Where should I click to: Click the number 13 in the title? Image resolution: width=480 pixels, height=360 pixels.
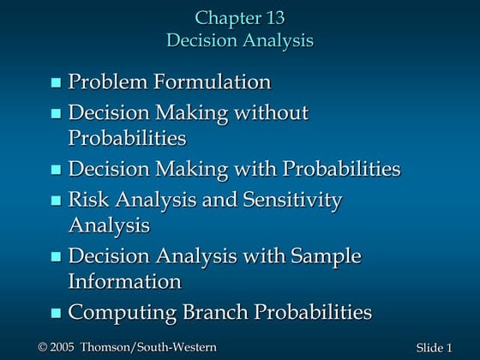coord(274,17)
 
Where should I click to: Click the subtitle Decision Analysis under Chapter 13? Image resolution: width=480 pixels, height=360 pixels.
coord(240,40)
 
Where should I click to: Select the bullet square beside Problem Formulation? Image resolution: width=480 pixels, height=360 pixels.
coord(57,83)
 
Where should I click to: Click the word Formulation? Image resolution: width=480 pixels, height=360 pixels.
coord(213,82)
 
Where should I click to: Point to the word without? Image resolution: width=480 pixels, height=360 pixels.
coord(269,112)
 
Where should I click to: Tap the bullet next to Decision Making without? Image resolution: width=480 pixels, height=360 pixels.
coord(57,113)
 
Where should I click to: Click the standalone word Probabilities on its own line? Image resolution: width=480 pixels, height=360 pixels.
coord(128,137)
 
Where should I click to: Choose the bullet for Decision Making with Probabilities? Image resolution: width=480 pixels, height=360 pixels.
coord(57,170)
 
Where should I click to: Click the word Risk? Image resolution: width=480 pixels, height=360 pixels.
coord(88,200)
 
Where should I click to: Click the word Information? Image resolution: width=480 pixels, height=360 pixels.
coord(125,281)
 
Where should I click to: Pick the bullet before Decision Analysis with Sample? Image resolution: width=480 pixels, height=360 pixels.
coord(57,257)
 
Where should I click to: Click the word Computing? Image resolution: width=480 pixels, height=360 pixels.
coord(119,313)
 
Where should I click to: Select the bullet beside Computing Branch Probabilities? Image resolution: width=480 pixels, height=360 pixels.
coord(57,313)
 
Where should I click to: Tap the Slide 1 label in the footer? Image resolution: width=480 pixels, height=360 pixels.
coord(433,347)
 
